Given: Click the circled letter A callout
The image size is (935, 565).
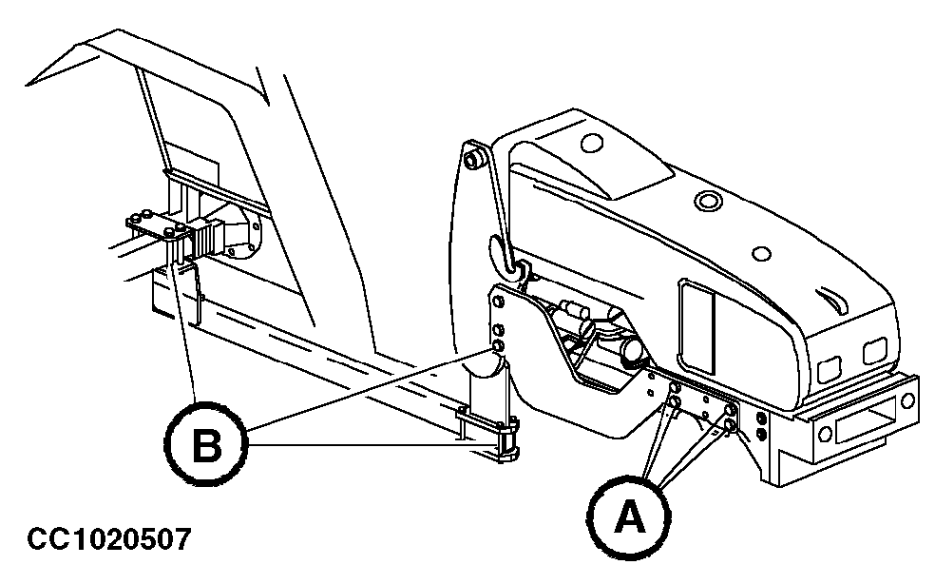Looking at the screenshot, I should coord(626,517).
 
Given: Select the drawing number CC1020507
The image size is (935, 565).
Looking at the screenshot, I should coord(109,539).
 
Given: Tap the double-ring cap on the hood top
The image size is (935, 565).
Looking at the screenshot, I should coord(708,201).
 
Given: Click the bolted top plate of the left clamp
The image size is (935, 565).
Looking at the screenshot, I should coord(157,225).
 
